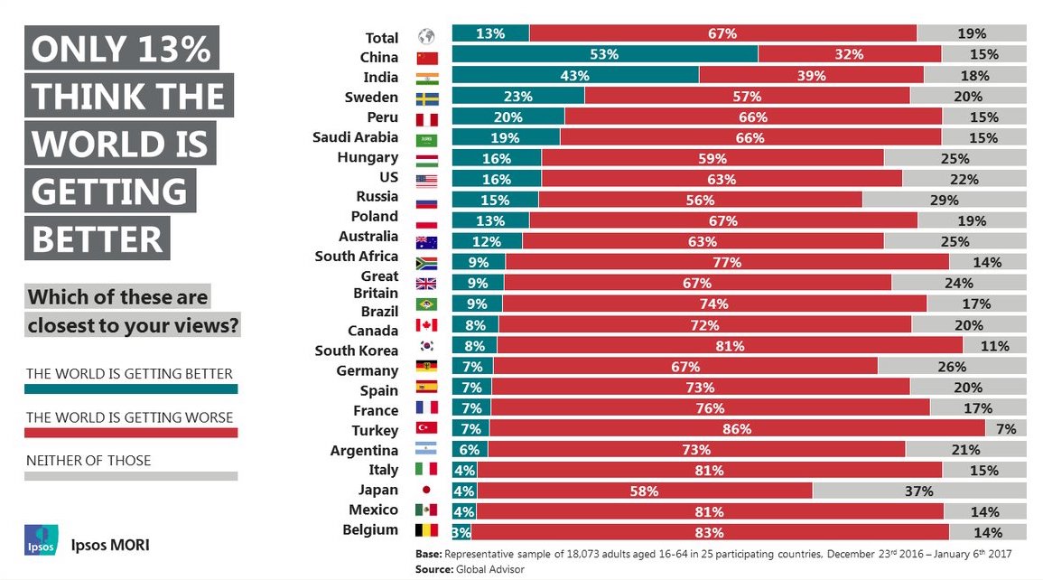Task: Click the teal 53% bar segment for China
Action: point(604,54)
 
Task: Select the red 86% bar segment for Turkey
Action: point(737,429)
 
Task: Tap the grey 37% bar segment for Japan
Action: point(919,491)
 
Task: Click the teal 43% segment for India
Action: point(575,76)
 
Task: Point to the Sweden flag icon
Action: point(426,98)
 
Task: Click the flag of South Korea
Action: point(426,346)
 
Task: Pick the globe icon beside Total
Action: point(426,37)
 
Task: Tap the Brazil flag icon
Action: point(426,304)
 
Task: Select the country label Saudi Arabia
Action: point(355,137)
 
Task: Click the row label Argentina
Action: point(365,450)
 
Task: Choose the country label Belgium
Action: point(370,529)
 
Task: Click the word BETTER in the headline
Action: point(98,239)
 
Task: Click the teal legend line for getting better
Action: point(131,389)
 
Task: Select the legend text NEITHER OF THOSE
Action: point(88,461)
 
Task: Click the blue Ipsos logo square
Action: point(41,539)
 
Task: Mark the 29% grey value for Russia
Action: point(944,200)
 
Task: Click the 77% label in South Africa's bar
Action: point(726,263)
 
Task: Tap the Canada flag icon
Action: point(426,325)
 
